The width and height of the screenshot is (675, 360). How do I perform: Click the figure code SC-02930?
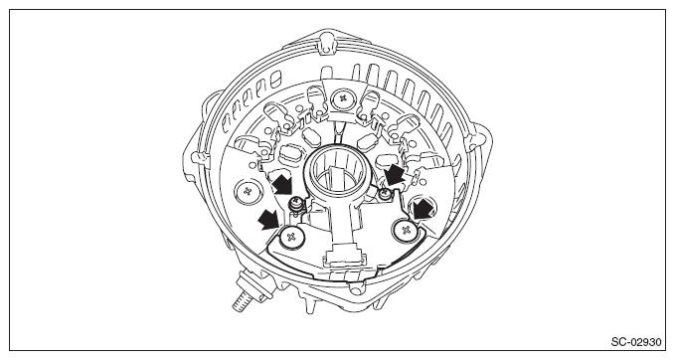636,342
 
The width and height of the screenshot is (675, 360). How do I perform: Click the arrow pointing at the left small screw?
282,183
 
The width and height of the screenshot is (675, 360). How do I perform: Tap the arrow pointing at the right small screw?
395,175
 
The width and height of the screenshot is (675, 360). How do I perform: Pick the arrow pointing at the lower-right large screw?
422,209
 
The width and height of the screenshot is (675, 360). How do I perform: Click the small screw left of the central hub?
295,203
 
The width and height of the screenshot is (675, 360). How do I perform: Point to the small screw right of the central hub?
385,195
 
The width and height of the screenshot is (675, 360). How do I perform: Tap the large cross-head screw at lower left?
291,237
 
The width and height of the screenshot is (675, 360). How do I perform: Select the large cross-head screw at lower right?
406,231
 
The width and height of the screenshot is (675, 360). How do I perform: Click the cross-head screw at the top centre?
343,98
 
